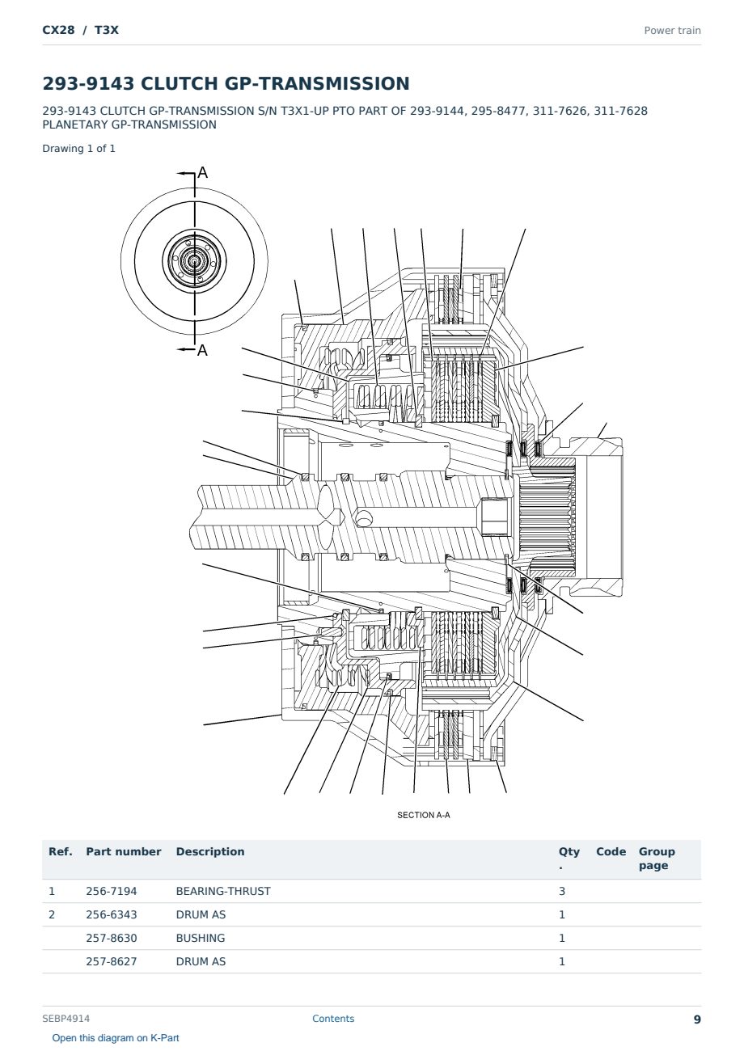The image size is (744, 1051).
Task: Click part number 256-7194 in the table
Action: pos(112,891)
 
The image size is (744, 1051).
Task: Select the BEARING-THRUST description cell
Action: pos(223,891)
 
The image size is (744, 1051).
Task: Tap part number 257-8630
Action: pos(112,938)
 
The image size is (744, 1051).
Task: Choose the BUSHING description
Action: pos(201,938)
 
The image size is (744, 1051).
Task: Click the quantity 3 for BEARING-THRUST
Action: pos(562,891)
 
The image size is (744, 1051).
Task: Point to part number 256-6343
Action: pos(112,914)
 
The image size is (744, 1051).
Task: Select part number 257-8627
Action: pos(112,961)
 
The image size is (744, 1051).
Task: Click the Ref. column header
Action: pos(61,851)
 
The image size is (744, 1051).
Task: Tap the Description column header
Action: pos(210,851)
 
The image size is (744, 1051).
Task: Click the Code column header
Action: pos(611,851)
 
